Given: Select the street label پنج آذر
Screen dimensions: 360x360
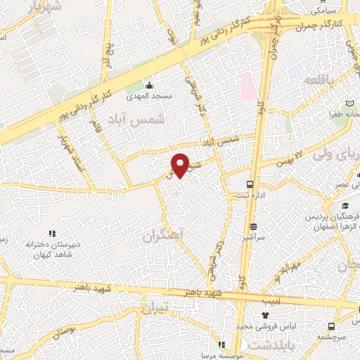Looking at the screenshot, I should point(107,54).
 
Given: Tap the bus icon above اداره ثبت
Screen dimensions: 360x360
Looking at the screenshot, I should point(249,184).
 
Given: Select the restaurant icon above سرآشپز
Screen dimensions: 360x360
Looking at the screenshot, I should point(253,226).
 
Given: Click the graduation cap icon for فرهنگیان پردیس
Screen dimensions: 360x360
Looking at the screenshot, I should point(345,205).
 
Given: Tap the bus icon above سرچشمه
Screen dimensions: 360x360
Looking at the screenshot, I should point(330,326).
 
